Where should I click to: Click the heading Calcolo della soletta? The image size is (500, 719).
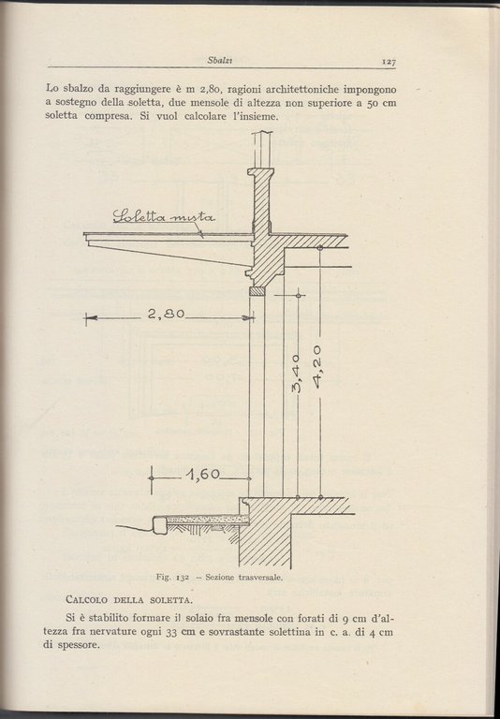click(129, 598)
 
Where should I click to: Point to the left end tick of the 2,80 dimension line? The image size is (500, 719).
click(86, 318)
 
